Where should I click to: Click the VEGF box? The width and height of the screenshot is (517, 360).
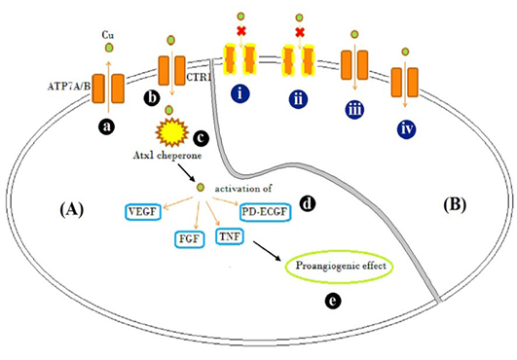coord(143,212)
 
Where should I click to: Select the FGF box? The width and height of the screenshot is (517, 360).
coord(189,239)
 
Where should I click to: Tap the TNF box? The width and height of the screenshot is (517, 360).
coord(230,236)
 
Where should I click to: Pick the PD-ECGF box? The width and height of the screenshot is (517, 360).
coord(265,212)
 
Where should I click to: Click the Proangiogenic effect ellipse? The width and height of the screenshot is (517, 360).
coord(339,267)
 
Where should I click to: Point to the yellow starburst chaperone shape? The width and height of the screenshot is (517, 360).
coord(171,132)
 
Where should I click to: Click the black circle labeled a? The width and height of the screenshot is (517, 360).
coord(106,126)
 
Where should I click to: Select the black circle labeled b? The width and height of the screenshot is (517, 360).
coord(152,98)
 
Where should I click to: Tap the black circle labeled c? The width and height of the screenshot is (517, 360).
coord(201,138)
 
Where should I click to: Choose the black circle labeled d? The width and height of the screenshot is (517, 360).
coord(308,204)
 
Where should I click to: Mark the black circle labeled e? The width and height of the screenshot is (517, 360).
coord(333,301)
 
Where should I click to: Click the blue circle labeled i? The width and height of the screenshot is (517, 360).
coord(240,93)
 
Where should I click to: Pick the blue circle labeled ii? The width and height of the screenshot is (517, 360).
coord(298,99)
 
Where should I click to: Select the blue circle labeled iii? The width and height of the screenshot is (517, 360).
coord(354,110)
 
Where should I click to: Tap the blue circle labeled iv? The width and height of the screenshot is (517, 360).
coord(407,129)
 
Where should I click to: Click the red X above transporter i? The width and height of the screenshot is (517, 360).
coord(241,31)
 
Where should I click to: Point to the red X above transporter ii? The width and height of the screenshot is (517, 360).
coord(300,32)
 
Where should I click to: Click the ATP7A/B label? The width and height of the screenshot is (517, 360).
coord(69,87)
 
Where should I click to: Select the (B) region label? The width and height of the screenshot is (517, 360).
coord(455,205)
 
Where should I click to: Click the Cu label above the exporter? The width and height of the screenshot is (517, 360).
coord(108,35)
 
